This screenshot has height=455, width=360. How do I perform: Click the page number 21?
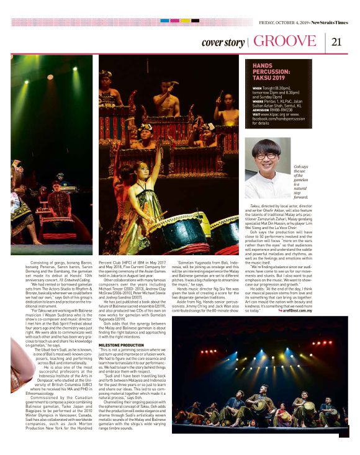tap(337, 42)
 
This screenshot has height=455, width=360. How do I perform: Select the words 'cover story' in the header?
tap(223, 43)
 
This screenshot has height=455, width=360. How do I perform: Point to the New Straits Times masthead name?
tap(330, 22)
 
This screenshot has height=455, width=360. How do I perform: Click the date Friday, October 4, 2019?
tap(283, 22)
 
